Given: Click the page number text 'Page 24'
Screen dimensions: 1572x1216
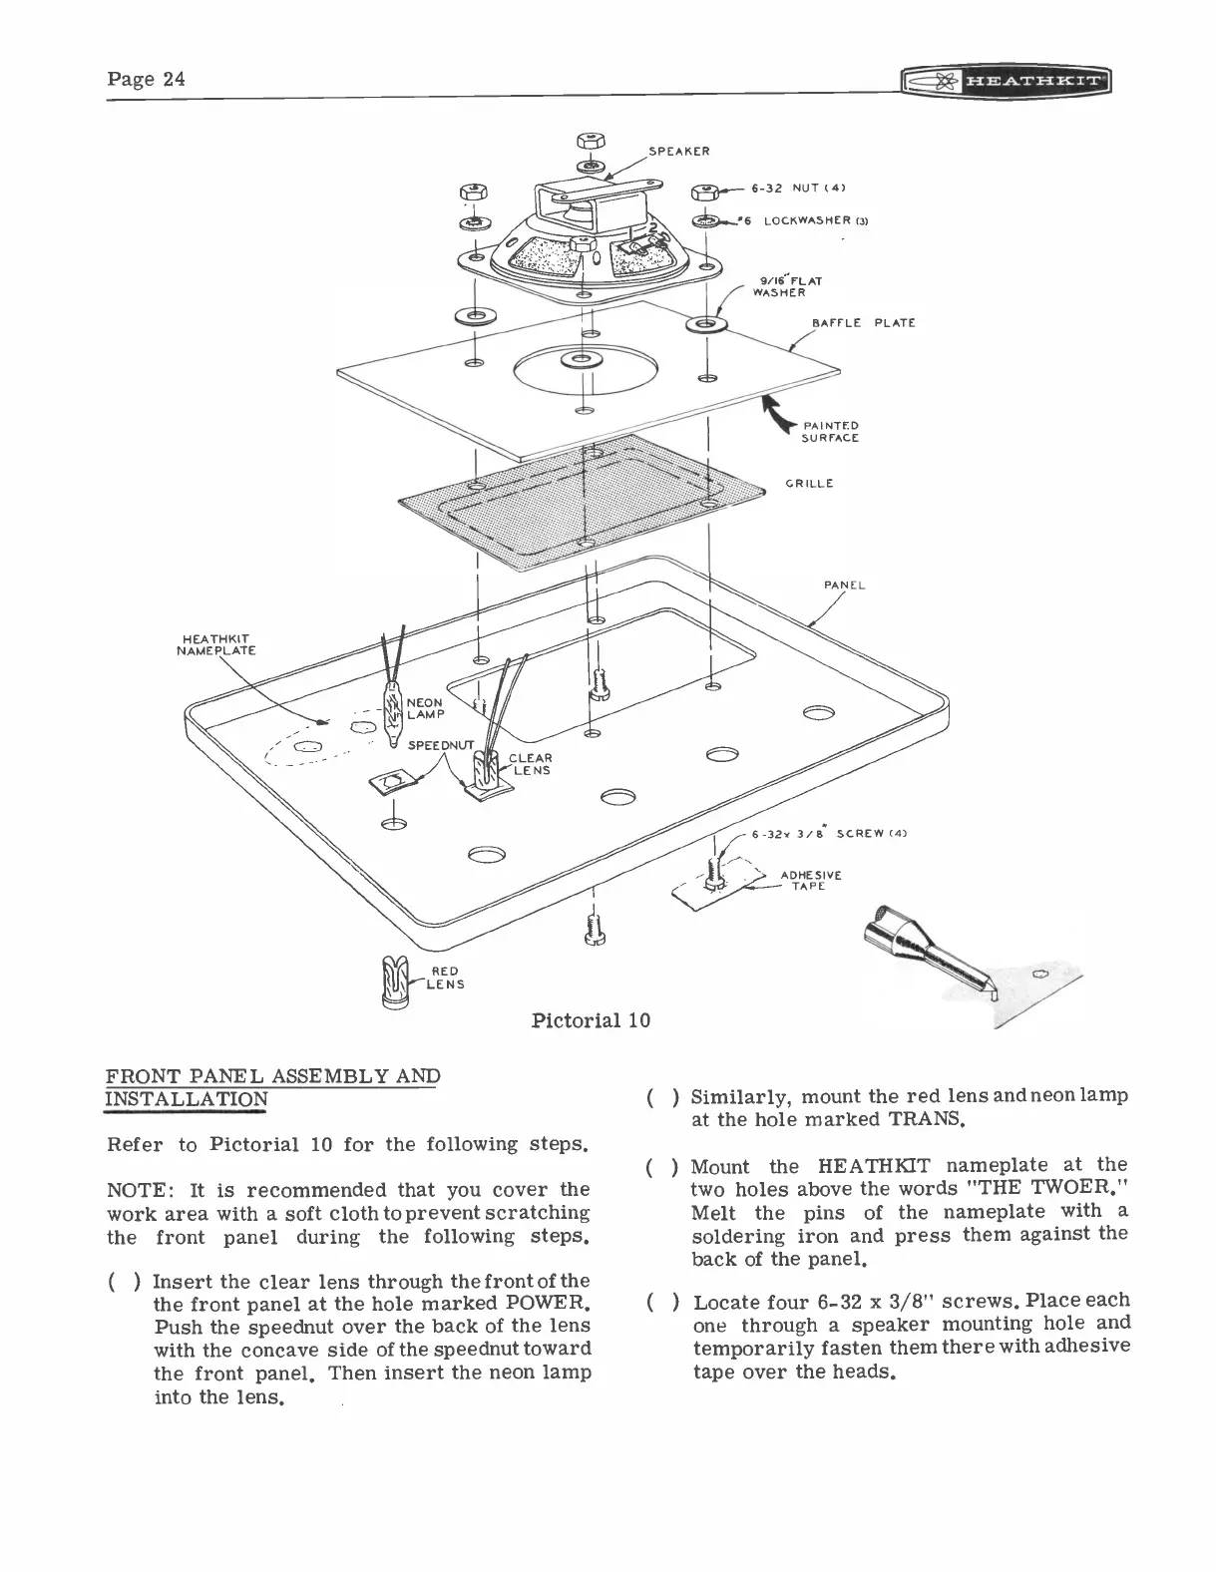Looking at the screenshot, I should (x=146, y=80).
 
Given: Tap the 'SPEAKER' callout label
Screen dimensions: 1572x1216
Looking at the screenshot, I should (x=678, y=152).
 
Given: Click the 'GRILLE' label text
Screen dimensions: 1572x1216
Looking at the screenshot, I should (x=809, y=484).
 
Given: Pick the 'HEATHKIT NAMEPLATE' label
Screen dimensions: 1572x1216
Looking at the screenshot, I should (x=216, y=644).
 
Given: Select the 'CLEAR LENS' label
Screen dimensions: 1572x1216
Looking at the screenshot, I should (x=531, y=764).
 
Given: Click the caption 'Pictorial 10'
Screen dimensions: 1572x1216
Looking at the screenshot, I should (x=591, y=1019).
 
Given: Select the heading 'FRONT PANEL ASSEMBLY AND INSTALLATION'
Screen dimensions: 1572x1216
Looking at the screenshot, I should (x=272, y=1087).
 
